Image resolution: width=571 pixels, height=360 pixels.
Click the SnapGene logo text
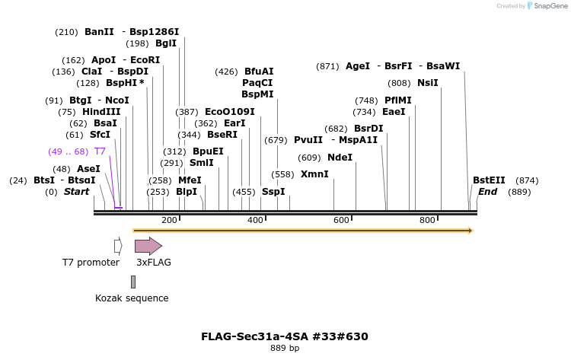550,6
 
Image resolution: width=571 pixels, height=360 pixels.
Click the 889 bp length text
285,349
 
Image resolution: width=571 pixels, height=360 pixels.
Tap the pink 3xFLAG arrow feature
148,246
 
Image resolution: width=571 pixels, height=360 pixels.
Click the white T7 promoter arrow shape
118,246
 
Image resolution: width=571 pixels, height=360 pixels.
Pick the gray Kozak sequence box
133,282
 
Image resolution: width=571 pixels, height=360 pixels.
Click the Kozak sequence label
132,298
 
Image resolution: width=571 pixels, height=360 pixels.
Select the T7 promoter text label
91,263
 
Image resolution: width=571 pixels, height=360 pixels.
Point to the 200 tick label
169,220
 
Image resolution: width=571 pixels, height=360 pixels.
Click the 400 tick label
255,220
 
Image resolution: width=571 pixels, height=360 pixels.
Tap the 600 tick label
341,220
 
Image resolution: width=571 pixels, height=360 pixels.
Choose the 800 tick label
427,220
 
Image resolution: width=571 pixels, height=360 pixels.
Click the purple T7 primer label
100,151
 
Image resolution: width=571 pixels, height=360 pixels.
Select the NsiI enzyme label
427,83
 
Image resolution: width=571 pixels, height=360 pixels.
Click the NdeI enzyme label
340,158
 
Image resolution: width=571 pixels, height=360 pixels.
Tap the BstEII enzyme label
489,180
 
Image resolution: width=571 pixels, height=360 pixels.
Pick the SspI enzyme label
273,192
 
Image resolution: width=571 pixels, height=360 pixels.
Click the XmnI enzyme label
314,174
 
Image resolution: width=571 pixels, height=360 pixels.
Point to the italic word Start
76,192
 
